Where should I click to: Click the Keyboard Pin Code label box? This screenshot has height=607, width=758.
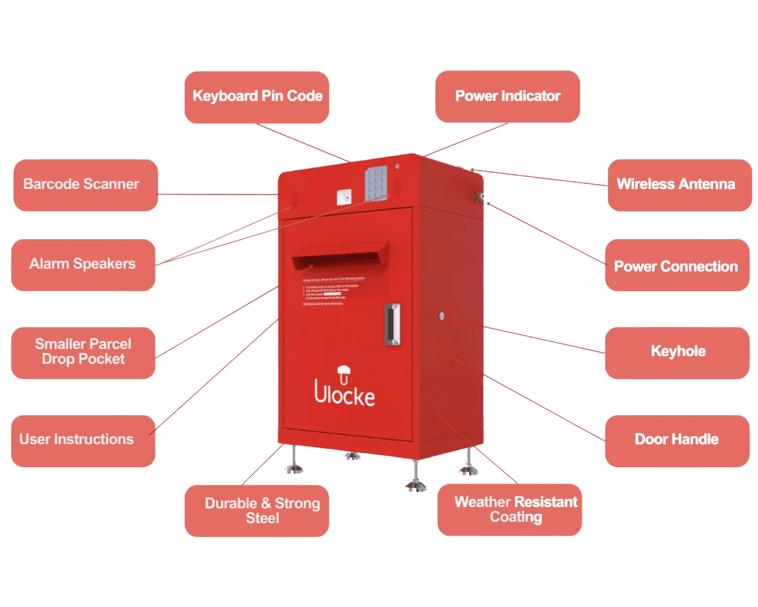coord(257,97)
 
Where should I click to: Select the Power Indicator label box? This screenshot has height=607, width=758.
coord(507,97)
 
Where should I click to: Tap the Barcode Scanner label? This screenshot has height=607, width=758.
coord(85,185)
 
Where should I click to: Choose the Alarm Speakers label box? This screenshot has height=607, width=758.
coord(83,264)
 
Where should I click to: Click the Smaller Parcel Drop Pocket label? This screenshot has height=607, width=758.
coord(83,352)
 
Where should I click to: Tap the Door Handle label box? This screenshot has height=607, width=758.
coord(677,440)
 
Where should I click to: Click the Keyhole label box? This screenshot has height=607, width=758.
coord(677,352)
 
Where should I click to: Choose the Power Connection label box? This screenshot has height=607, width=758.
coord(676,266)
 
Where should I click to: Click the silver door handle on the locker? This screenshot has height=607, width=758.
coord(392,324)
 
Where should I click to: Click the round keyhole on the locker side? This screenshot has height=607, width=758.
coord(442,317)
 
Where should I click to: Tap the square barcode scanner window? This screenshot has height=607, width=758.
coord(344,197)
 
